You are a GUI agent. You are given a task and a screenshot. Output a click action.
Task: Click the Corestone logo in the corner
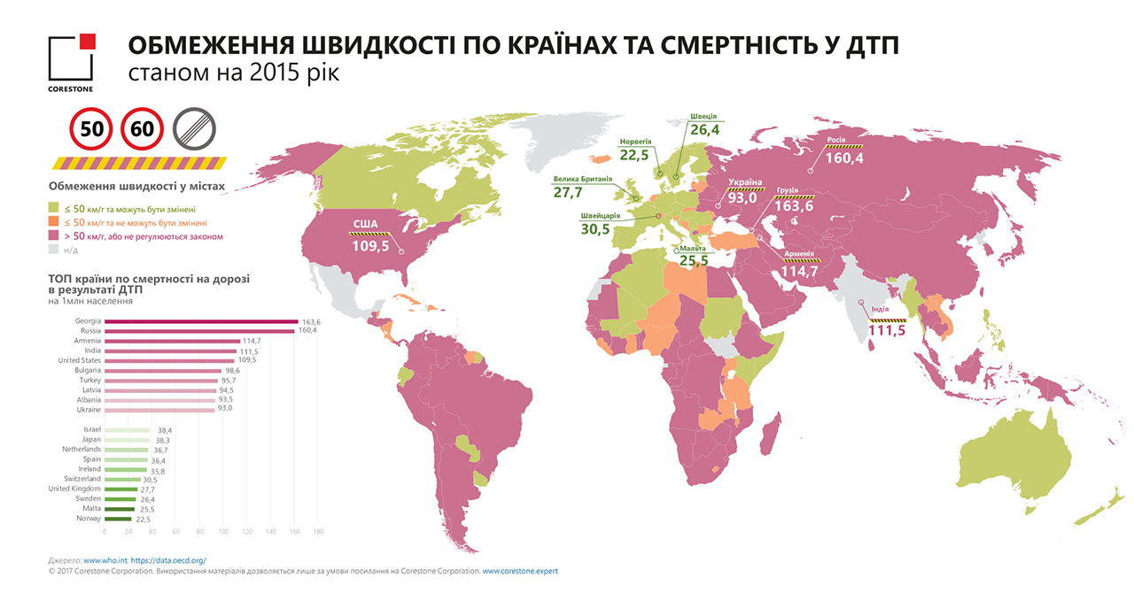tap(71, 62)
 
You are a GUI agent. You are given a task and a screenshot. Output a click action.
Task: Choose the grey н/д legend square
tap(53, 250)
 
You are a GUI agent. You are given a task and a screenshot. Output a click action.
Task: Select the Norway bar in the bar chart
tap(118, 520)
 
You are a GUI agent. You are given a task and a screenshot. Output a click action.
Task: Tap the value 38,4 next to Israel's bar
tap(166, 430)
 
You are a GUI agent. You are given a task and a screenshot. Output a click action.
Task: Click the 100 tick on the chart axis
tap(224, 532)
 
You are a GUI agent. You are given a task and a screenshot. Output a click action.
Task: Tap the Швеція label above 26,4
tap(702, 117)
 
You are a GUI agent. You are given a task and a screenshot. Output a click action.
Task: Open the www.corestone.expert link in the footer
tap(520, 572)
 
